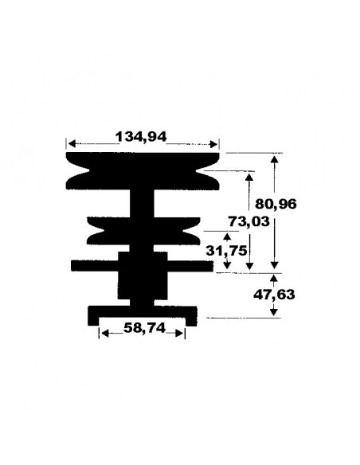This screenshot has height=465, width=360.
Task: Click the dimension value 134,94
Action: point(142,136)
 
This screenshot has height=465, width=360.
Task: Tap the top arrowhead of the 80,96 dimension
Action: point(275,158)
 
